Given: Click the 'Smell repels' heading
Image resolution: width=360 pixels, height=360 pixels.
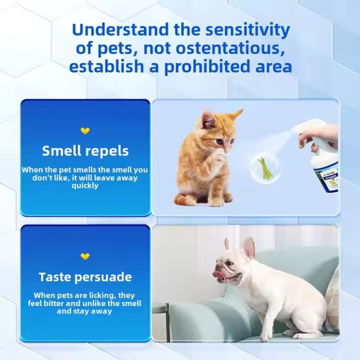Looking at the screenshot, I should coord(85,151).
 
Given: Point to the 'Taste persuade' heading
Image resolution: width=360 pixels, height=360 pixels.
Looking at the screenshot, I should coord(85,277).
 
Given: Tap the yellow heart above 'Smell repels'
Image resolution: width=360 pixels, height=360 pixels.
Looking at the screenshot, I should coord(85,131).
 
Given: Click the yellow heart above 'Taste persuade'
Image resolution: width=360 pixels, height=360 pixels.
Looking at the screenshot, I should coord(85,256).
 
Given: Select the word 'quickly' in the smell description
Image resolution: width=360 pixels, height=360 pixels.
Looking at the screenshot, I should coord(85,185).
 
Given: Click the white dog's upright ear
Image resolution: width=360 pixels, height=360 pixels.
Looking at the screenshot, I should coord(248,247).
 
